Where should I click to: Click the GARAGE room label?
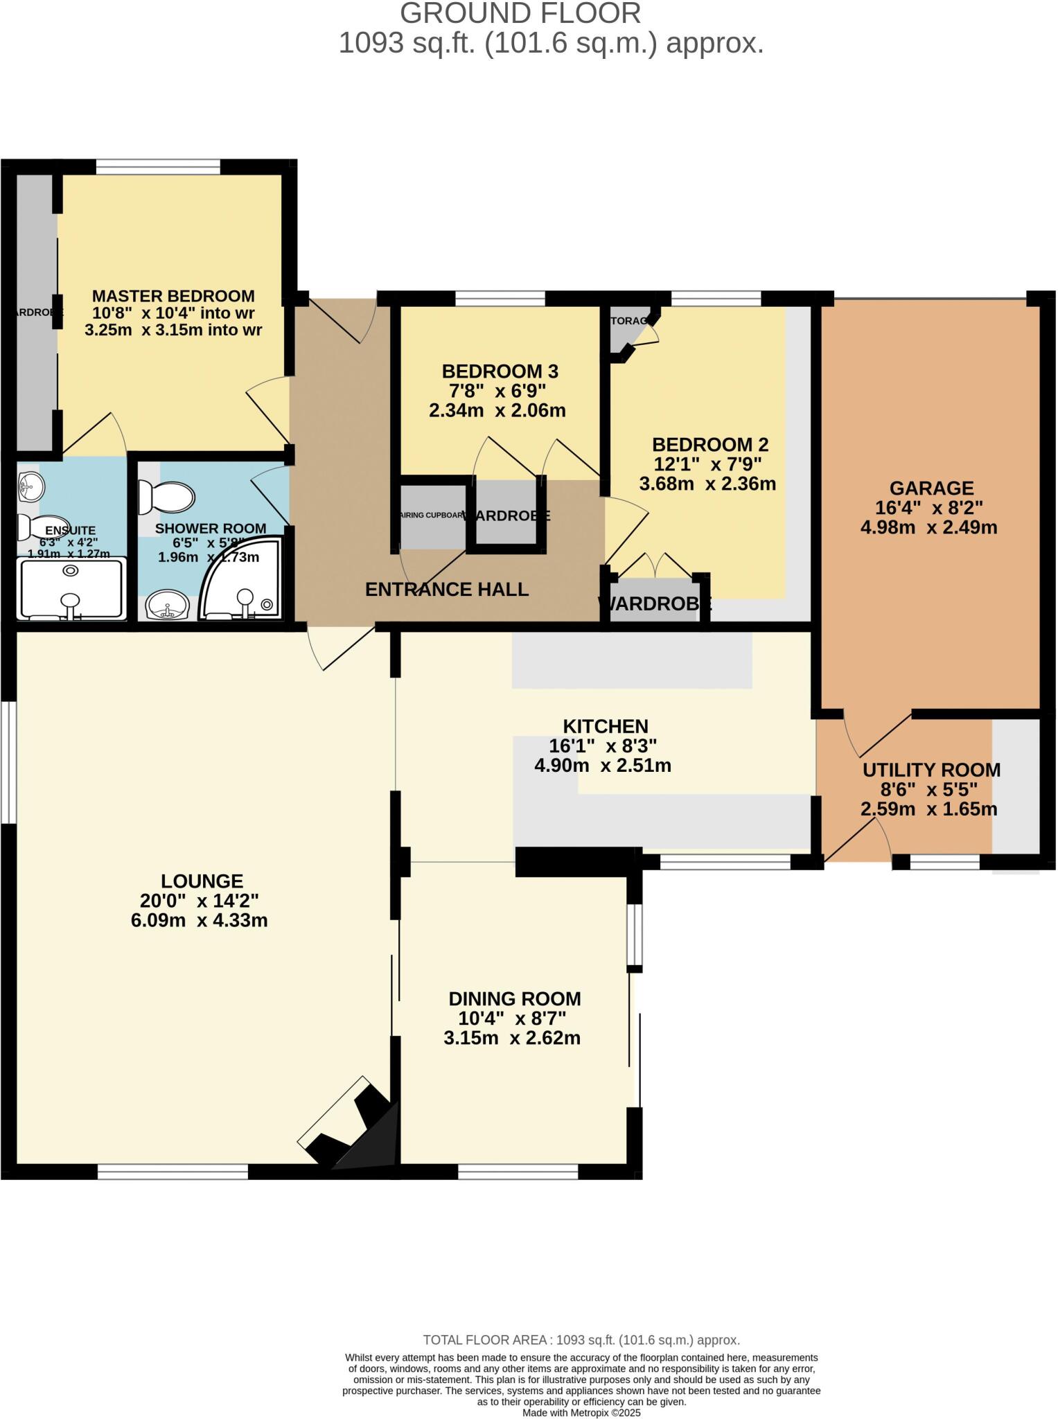[x=931, y=488]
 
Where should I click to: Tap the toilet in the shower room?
[x=167, y=497]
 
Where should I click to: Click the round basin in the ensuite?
[x=30, y=486]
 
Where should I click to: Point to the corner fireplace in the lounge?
[x=353, y=1126]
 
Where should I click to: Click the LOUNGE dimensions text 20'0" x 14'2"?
[x=200, y=901]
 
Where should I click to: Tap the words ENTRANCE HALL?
[x=447, y=590]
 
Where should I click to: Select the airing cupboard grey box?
[x=432, y=516]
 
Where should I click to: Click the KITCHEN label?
[x=605, y=726]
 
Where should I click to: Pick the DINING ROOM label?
[x=514, y=998]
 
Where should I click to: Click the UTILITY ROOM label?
[x=931, y=770]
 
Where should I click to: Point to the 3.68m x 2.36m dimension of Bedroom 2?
[x=707, y=484]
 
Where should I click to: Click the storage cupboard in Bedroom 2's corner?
[x=627, y=329]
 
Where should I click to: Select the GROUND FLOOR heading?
[x=520, y=14]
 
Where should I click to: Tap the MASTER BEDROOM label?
[x=173, y=296]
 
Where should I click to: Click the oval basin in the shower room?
[x=167, y=605]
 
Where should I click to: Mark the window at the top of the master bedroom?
[x=158, y=167]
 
